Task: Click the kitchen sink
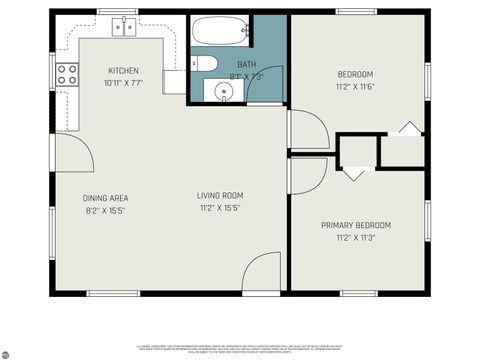pos(124,27)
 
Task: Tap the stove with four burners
pos(67,73)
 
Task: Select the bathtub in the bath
pos(220,32)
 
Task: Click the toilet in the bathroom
pos(204,64)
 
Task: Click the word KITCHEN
pos(124,71)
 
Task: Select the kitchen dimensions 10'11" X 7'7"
pos(124,83)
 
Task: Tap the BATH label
pos(246,64)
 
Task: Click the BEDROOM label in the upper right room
pos(355,75)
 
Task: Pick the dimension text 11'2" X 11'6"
pos(355,88)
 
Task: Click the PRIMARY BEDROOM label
pos(355,226)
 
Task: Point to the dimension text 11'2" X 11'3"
pos(355,239)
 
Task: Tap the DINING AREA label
pos(105,198)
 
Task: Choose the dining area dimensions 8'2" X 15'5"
pos(105,211)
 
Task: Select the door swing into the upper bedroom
pos(306,130)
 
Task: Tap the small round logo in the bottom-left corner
pos(6,353)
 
